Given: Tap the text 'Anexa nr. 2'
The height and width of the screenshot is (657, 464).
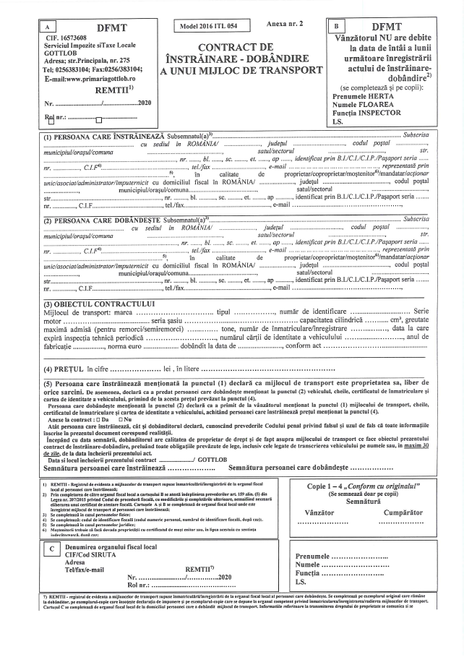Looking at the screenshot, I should (284, 24).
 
